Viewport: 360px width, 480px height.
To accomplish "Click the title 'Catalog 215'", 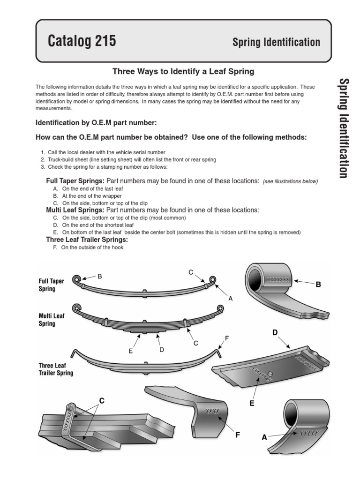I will coord(82,42).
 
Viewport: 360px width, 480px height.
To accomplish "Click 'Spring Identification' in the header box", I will coord(276,42).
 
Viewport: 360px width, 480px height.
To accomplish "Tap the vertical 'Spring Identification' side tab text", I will coord(343,128).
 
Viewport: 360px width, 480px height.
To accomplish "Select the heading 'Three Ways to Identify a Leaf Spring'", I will coord(183,71).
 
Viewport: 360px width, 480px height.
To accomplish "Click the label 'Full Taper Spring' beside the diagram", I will coord(51,285).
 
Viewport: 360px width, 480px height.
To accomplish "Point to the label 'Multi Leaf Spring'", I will coord(51,320).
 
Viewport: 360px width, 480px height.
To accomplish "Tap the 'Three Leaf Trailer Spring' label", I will coord(56,370).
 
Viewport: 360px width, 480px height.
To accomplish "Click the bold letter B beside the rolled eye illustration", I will coord(318,284).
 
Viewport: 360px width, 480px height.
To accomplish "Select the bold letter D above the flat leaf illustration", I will coord(275,333).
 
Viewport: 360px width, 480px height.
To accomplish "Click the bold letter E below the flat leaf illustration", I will coord(252,403).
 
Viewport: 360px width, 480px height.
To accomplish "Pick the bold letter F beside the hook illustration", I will coord(238,435).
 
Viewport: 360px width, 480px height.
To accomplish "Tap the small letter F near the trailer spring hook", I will coord(227,338).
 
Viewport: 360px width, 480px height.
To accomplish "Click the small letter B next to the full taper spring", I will coord(99,277).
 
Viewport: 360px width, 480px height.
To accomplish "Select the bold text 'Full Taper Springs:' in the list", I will coord(75,180).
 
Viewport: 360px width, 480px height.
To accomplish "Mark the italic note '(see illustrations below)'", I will coord(290,181).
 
